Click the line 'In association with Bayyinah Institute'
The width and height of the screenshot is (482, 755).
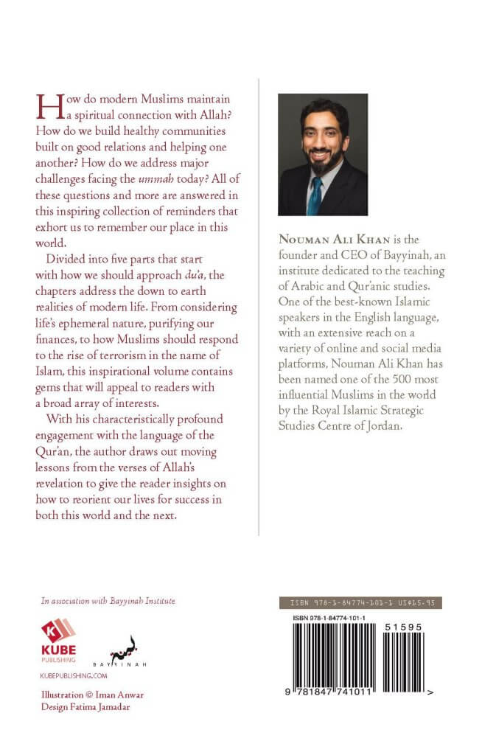[108, 601]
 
